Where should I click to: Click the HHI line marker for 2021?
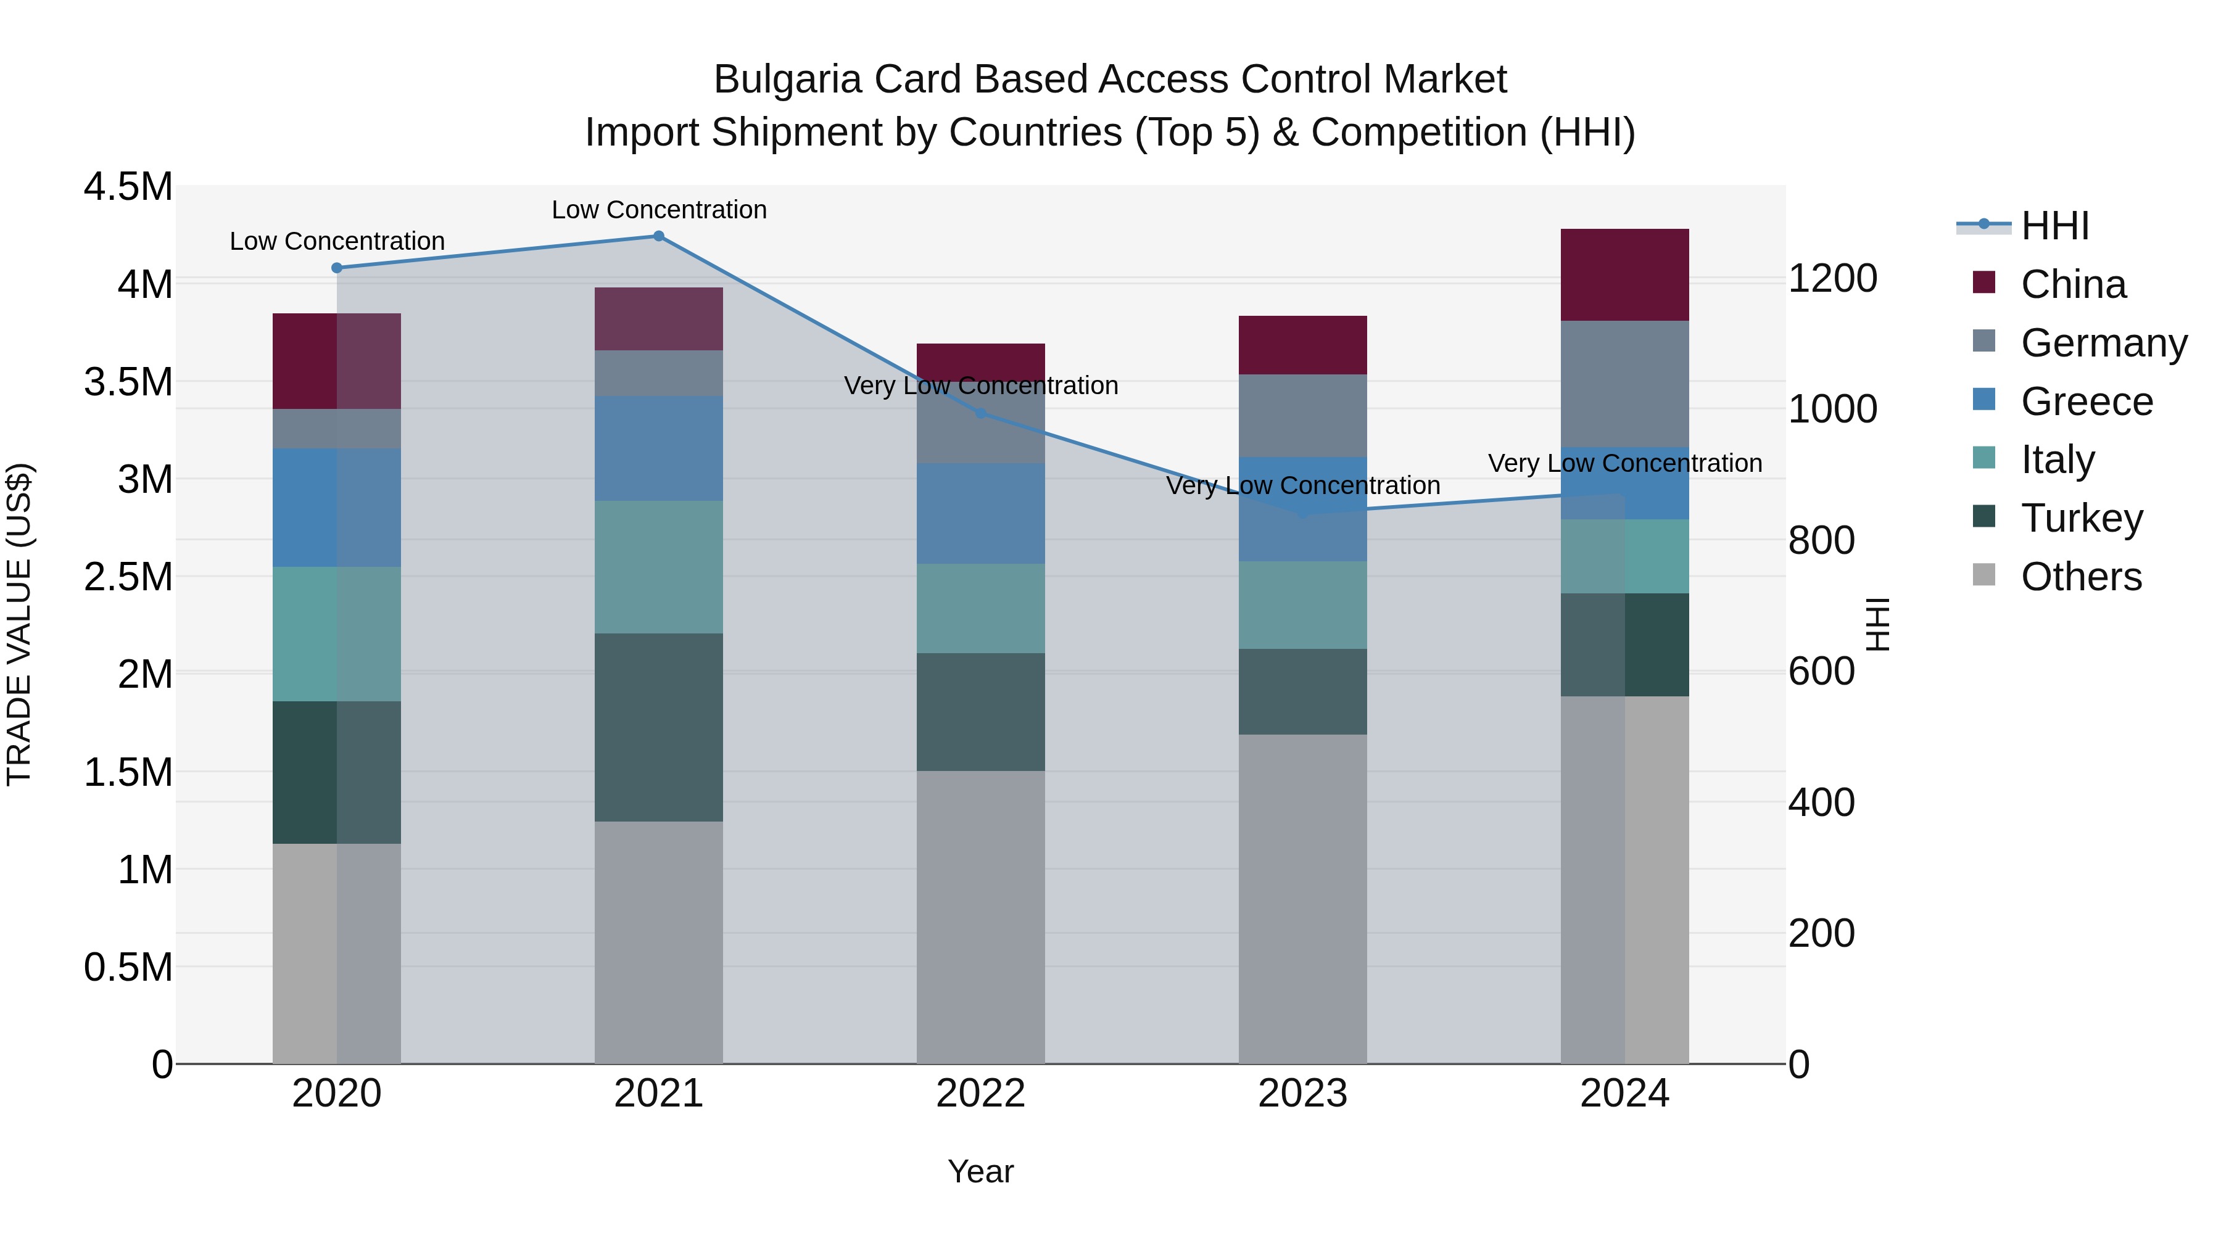[x=659, y=236]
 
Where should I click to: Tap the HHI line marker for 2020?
[x=337, y=268]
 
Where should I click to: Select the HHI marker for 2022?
[x=980, y=414]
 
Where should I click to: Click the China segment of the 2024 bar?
[x=1624, y=275]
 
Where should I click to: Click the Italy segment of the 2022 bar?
[x=980, y=609]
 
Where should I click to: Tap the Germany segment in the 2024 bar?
[x=1624, y=384]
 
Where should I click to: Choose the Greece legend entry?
[x=2087, y=402]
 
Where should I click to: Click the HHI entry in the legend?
[x=2054, y=226]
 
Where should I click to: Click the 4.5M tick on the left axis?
[x=128, y=187]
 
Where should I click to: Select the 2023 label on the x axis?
[x=1303, y=1094]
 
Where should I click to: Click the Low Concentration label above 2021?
[x=659, y=210]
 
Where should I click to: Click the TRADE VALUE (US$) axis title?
[x=19, y=624]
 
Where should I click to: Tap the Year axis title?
[x=980, y=1171]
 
